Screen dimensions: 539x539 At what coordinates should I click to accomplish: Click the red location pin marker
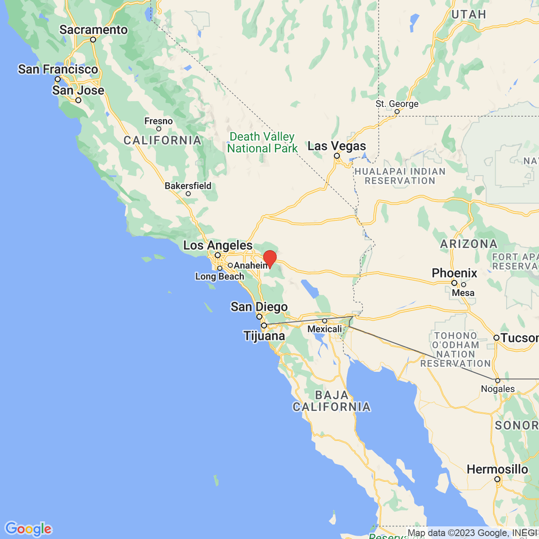pyautogui.click(x=269, y=258)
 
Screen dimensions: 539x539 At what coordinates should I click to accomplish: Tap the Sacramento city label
pyautogui.click(x=93, y=30)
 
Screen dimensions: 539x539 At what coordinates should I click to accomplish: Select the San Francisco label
pyautogui.click(x=58, y=69)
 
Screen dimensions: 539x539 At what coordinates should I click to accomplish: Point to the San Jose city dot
pyautogui.click(x=78, y=100)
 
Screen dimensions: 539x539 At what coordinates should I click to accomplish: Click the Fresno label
pyautogui.click(x=158, y=121)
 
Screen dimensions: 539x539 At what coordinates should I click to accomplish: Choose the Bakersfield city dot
pyautogui.click(x=188, y=194)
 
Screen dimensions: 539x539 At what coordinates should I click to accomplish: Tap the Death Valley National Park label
pyautogui.click(x=262, y=142)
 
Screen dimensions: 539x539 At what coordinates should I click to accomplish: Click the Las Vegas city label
pyautogui.click(x=336, y=146)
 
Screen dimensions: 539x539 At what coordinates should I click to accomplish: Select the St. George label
pyautogui.click(x=397, y=104)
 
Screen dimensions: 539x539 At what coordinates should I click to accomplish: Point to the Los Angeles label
pyautogui.click(x=218, y=245)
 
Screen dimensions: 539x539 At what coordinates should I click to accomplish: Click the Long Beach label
pyautogui.click(x=220, y=276)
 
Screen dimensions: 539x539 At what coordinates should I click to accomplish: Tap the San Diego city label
pyautogui.click(x=259, y=307)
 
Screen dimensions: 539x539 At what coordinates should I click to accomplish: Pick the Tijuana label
pyautogui.click(x=264, y=336)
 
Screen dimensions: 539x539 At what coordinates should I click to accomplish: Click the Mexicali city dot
pyautogui.click(x=325, y=321)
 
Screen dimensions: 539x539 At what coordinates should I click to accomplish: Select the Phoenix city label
pyautogui.click(x=455, y=273)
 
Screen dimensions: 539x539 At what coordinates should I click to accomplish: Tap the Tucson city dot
pyautogui.click(x=496, y=338)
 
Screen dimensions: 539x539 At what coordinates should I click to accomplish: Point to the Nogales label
pyautogui.click(x=498, y=389)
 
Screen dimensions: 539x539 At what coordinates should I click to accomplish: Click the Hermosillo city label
pyautogui.click(x=497, y=469)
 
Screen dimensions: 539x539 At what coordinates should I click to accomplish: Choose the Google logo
pyautogui.click(x=28, y=529)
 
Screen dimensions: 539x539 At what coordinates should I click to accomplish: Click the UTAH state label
pyautogui.click(x=468, y=14)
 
